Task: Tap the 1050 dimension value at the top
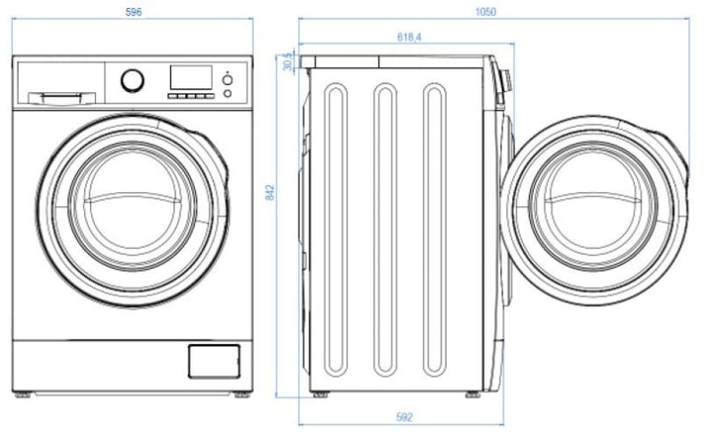[x=485, y=12]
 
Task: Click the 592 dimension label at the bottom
[x=404, y=417]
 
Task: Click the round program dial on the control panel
[x=132, y=80]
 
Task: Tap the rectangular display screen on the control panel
[x=190, y=78]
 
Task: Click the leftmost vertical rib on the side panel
[x=337, y=229]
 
